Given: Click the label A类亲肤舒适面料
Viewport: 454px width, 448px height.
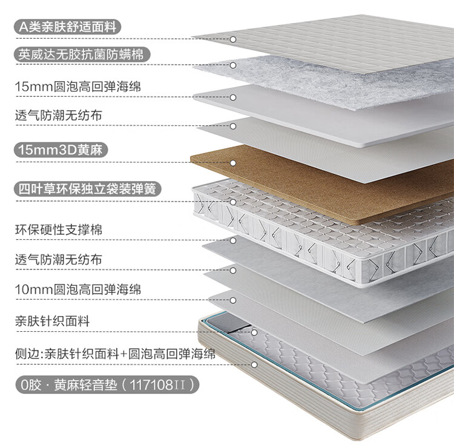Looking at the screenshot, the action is (67, 27).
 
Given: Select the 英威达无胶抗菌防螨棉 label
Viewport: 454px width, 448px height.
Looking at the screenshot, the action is (81, 54).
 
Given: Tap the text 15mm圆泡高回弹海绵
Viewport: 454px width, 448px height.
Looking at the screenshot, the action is (78, 87).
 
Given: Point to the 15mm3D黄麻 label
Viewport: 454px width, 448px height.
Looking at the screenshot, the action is (61, 150).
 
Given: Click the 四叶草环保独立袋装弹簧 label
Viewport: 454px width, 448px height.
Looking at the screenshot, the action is (87, 189).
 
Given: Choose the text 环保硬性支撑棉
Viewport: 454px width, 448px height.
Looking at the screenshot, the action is (59, 230).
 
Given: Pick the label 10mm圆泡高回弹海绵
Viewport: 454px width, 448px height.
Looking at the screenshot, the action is (78, 289).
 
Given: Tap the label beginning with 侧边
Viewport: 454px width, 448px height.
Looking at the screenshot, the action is (115, 354).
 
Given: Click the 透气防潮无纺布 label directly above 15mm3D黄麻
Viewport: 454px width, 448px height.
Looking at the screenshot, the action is (59, 115).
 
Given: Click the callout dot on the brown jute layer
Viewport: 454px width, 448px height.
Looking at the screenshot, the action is (233, 163).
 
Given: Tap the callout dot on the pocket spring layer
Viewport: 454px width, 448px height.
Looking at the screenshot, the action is (233, 202).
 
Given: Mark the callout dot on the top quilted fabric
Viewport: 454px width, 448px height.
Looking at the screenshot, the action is (233, 39).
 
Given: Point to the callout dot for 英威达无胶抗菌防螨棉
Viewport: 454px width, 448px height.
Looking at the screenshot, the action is (233, 65).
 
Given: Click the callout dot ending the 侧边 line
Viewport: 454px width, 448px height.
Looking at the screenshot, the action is (254, 365).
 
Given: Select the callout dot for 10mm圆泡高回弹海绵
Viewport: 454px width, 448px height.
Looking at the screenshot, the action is (233, 301).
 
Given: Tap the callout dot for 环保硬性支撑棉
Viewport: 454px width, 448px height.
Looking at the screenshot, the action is (233, 241).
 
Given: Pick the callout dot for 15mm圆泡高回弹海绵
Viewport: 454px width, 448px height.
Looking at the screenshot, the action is (233, 97).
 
